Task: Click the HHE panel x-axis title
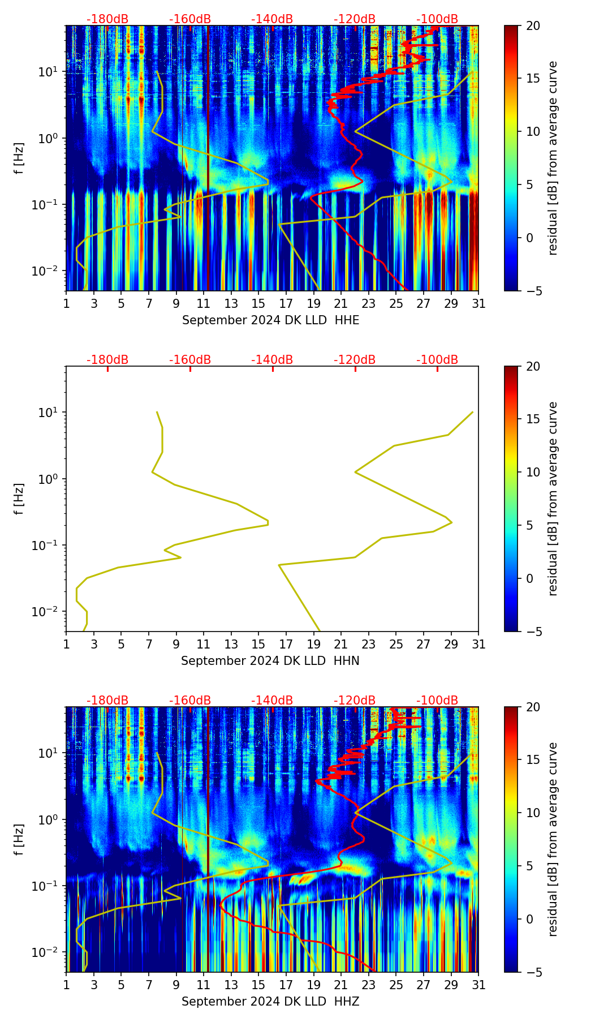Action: click(x=270, y=320)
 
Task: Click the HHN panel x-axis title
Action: click(x=270, y=661)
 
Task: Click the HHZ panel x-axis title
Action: click(x=270, y=1002)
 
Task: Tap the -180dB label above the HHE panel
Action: click(x=107, y=19)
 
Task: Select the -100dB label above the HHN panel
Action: click(x=437, y=360)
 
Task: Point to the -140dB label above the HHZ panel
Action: click(x=272, y=701)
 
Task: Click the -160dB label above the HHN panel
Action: click(x=190, y=360)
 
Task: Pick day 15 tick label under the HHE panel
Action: click(x=258, y=303)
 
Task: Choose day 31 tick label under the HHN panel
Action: click(x=478, y=644)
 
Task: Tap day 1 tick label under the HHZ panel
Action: click(x=66, y=985)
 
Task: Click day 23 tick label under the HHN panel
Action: click(x=369, y=644)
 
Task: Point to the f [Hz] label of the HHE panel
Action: click(x=19, y=158)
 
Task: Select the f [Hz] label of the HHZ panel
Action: click(x=19, y=839)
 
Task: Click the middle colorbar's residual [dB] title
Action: click(x=553, y=499)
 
